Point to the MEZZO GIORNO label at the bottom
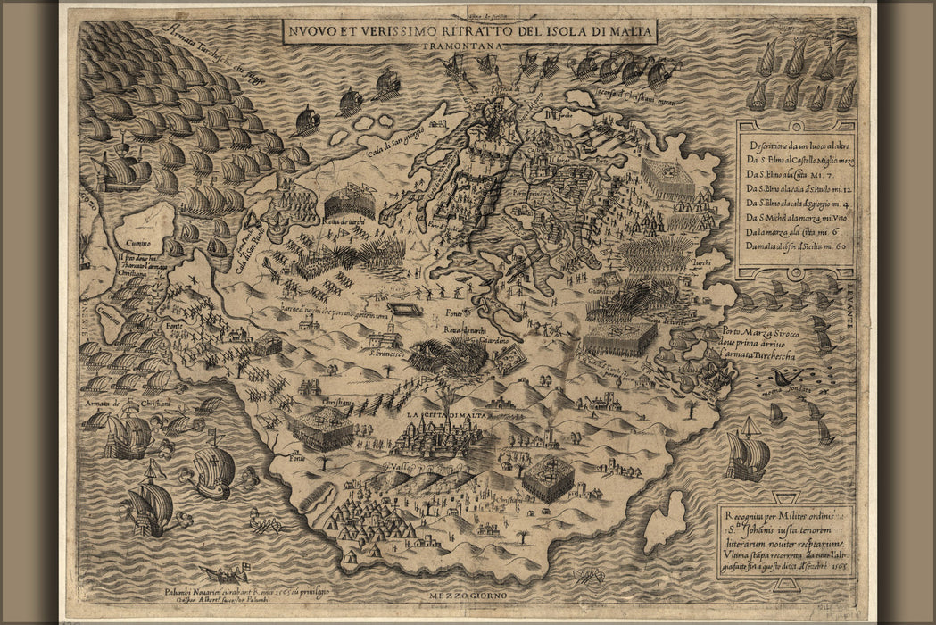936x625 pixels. [x=469, y=596]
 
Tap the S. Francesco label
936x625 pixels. [x=383, y=354]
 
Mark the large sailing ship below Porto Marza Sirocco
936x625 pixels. [x=747, y=456]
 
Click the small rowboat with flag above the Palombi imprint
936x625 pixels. [x=222, y=572]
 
